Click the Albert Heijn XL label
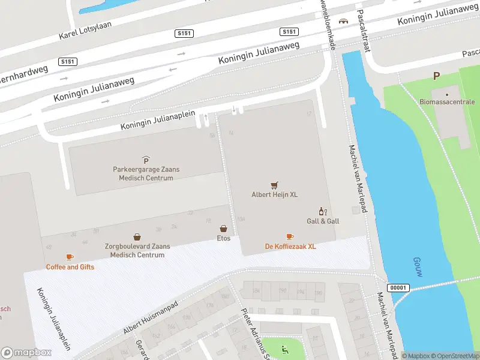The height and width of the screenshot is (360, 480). [274, 194]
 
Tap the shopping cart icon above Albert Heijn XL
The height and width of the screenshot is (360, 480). [274, 185]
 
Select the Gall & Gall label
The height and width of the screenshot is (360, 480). [323, 221]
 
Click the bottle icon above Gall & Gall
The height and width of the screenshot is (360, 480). [323, 211]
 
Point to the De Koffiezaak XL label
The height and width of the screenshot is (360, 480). [290, 247]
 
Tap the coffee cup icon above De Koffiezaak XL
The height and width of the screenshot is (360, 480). [290, 237]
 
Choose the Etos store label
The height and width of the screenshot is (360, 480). [223, 238]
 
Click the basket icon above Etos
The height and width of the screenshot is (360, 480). [223, 229]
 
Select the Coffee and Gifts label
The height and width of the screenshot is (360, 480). [70, 267]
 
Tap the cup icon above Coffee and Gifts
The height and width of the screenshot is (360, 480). [70, 257]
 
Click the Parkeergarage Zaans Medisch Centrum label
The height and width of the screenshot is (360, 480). [146, 173]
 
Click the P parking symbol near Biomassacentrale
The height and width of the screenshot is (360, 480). [437, 76]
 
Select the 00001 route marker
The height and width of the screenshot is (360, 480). [397, 287]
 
